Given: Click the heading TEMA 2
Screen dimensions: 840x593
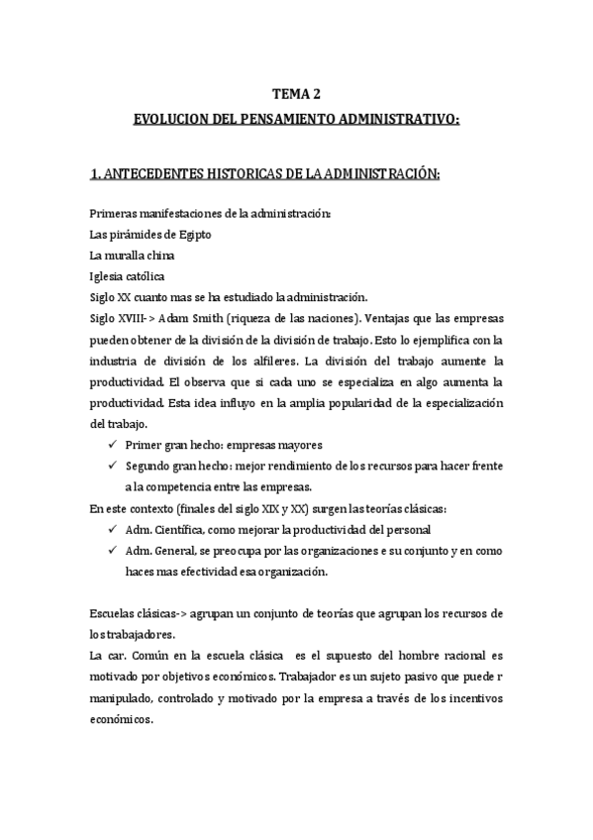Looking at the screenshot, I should click(296, 95).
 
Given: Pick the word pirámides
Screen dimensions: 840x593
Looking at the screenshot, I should click(136, 235).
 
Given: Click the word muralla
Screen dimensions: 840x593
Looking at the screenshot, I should click(124, 256).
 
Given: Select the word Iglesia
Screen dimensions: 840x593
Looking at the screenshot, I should click(106, 276).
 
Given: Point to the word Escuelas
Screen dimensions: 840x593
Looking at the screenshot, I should click(112, 614).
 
